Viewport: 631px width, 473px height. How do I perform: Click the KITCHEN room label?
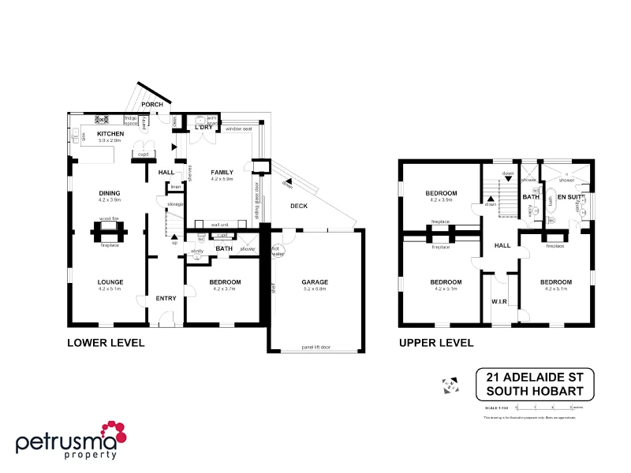coord(110,135)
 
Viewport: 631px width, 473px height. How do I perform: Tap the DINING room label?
coord(110,192)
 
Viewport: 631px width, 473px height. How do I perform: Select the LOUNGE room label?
coord(110,281)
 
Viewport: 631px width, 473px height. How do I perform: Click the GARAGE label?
coord(315,281)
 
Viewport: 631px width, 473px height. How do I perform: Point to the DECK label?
coord(299,206)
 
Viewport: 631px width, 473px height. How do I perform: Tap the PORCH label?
coord(151,104)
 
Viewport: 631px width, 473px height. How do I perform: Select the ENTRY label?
coord(166,298)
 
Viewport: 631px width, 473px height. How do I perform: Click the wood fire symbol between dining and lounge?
coord(109,230)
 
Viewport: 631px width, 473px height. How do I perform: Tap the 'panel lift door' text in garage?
coord(315,346)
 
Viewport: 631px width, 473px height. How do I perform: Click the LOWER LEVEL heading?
coord(106,343)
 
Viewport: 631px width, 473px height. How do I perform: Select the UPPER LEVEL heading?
coord(436,343)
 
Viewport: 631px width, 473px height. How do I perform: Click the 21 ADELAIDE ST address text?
coord(534,378)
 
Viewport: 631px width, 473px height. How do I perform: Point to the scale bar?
coord(543,407)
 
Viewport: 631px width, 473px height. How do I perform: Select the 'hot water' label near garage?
coord(275,251)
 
